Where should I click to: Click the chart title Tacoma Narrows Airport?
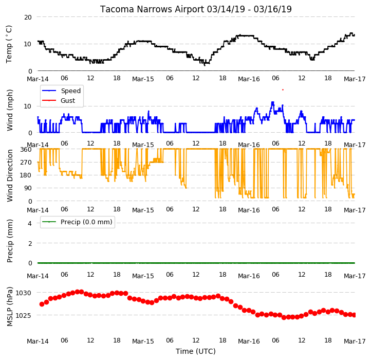point(152,9)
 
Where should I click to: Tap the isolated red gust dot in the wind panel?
point(283,90)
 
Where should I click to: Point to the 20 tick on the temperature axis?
point(28,17)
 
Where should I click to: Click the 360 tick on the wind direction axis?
point(26,150)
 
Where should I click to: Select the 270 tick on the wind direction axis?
point(26,162)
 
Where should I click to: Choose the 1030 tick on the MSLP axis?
point(23,293)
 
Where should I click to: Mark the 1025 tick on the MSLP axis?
point(23,315)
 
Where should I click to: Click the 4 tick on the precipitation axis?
point(30,223)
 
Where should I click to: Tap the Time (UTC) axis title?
point(196,351)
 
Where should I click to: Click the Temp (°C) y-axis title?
point(9,44)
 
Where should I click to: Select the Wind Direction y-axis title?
point(10,175)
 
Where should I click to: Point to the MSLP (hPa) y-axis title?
point(10,307)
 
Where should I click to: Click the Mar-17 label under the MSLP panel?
point(355,341)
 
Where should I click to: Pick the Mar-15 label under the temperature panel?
point(143,79)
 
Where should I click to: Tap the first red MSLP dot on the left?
point(42,304)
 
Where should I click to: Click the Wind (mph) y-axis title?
point(10,110)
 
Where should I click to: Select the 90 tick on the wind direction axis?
point(28,188)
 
